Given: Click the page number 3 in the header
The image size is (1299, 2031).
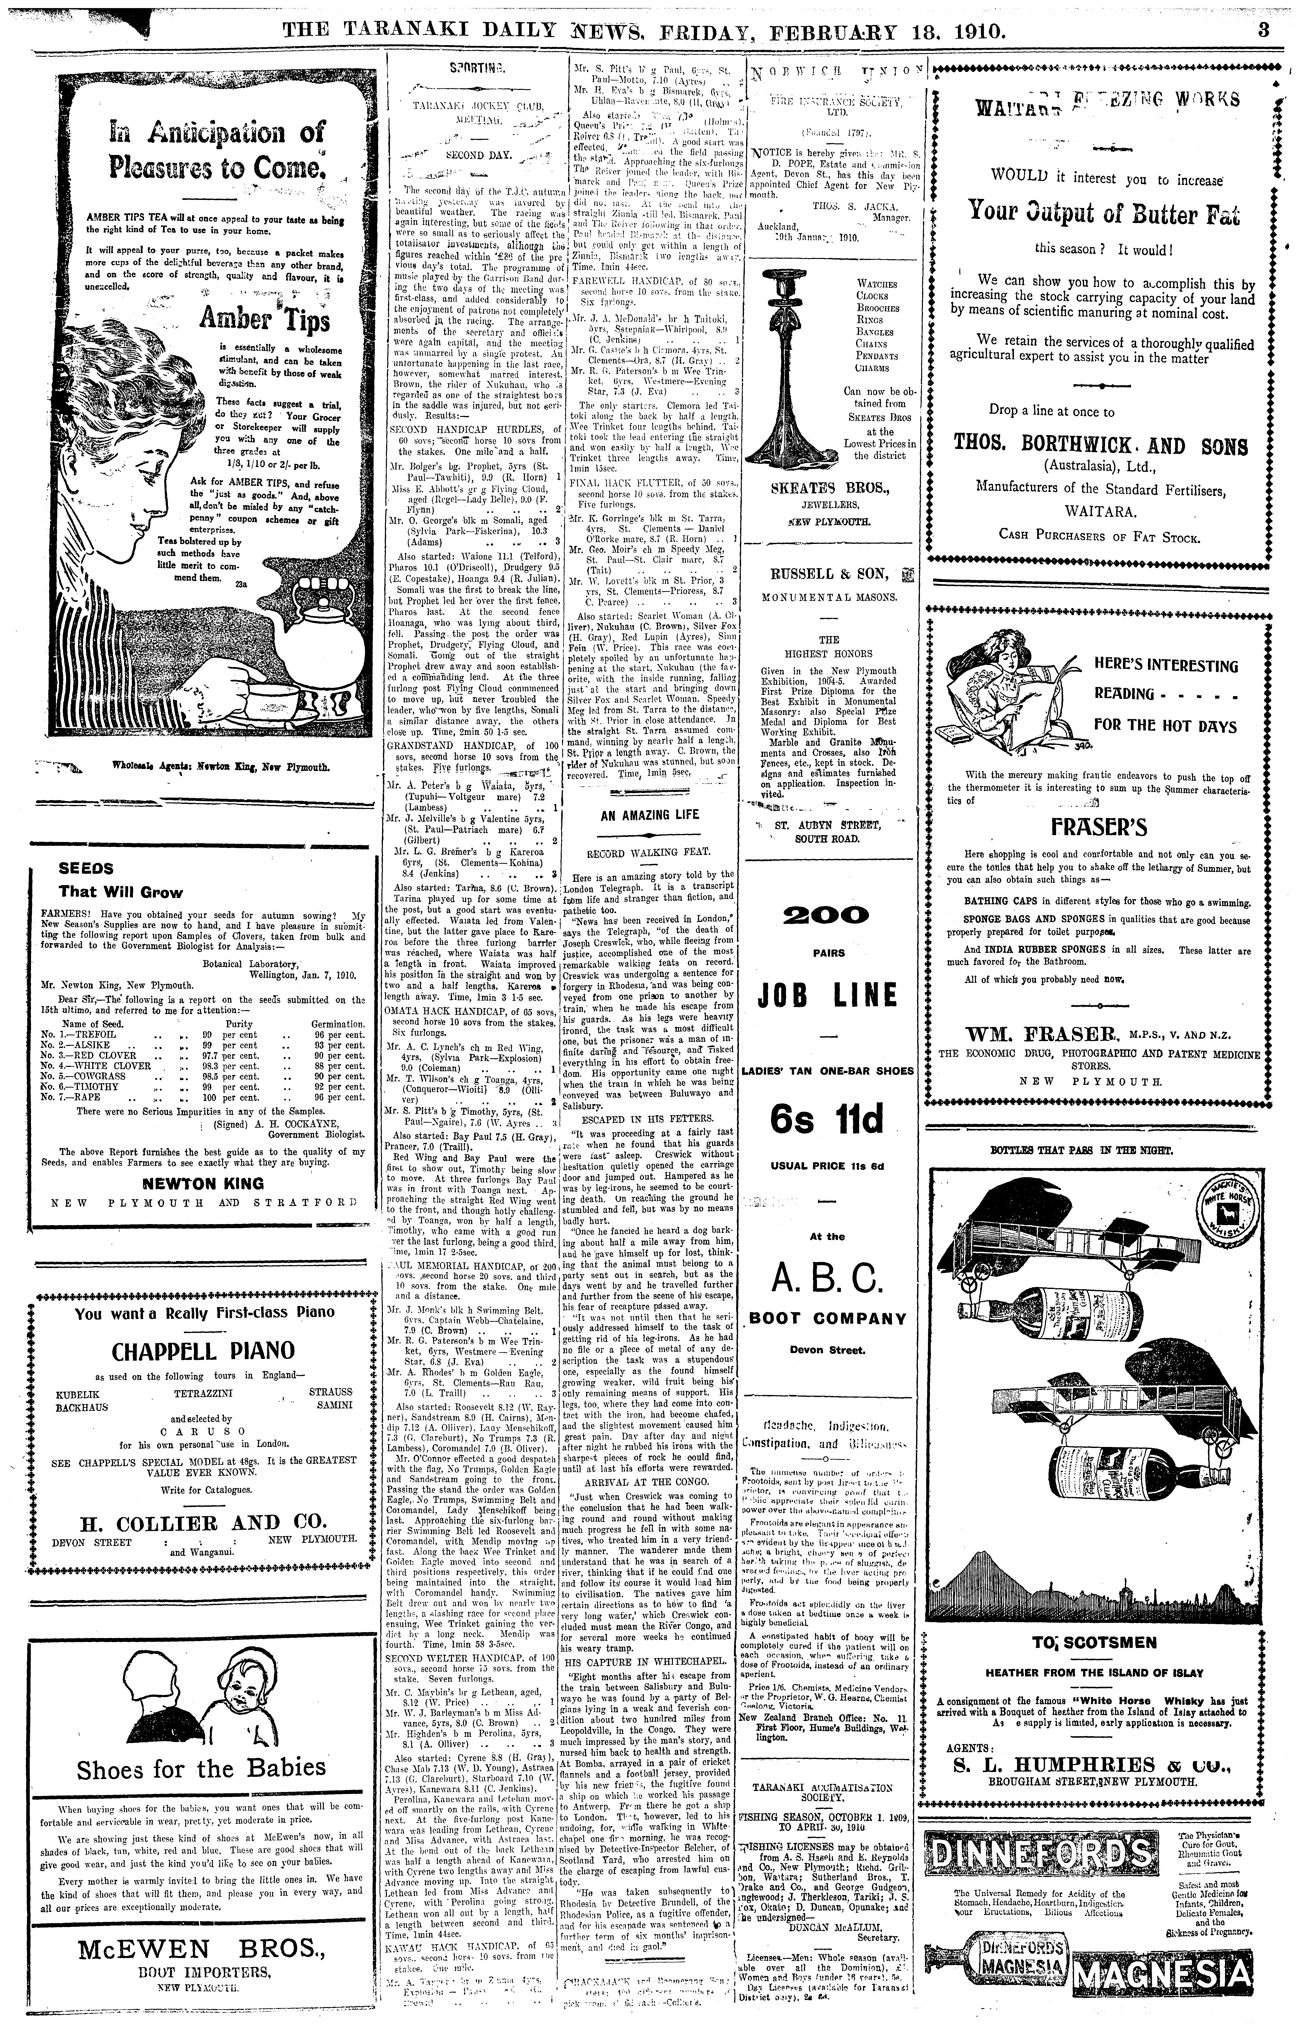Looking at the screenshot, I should tap(1263, 31).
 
